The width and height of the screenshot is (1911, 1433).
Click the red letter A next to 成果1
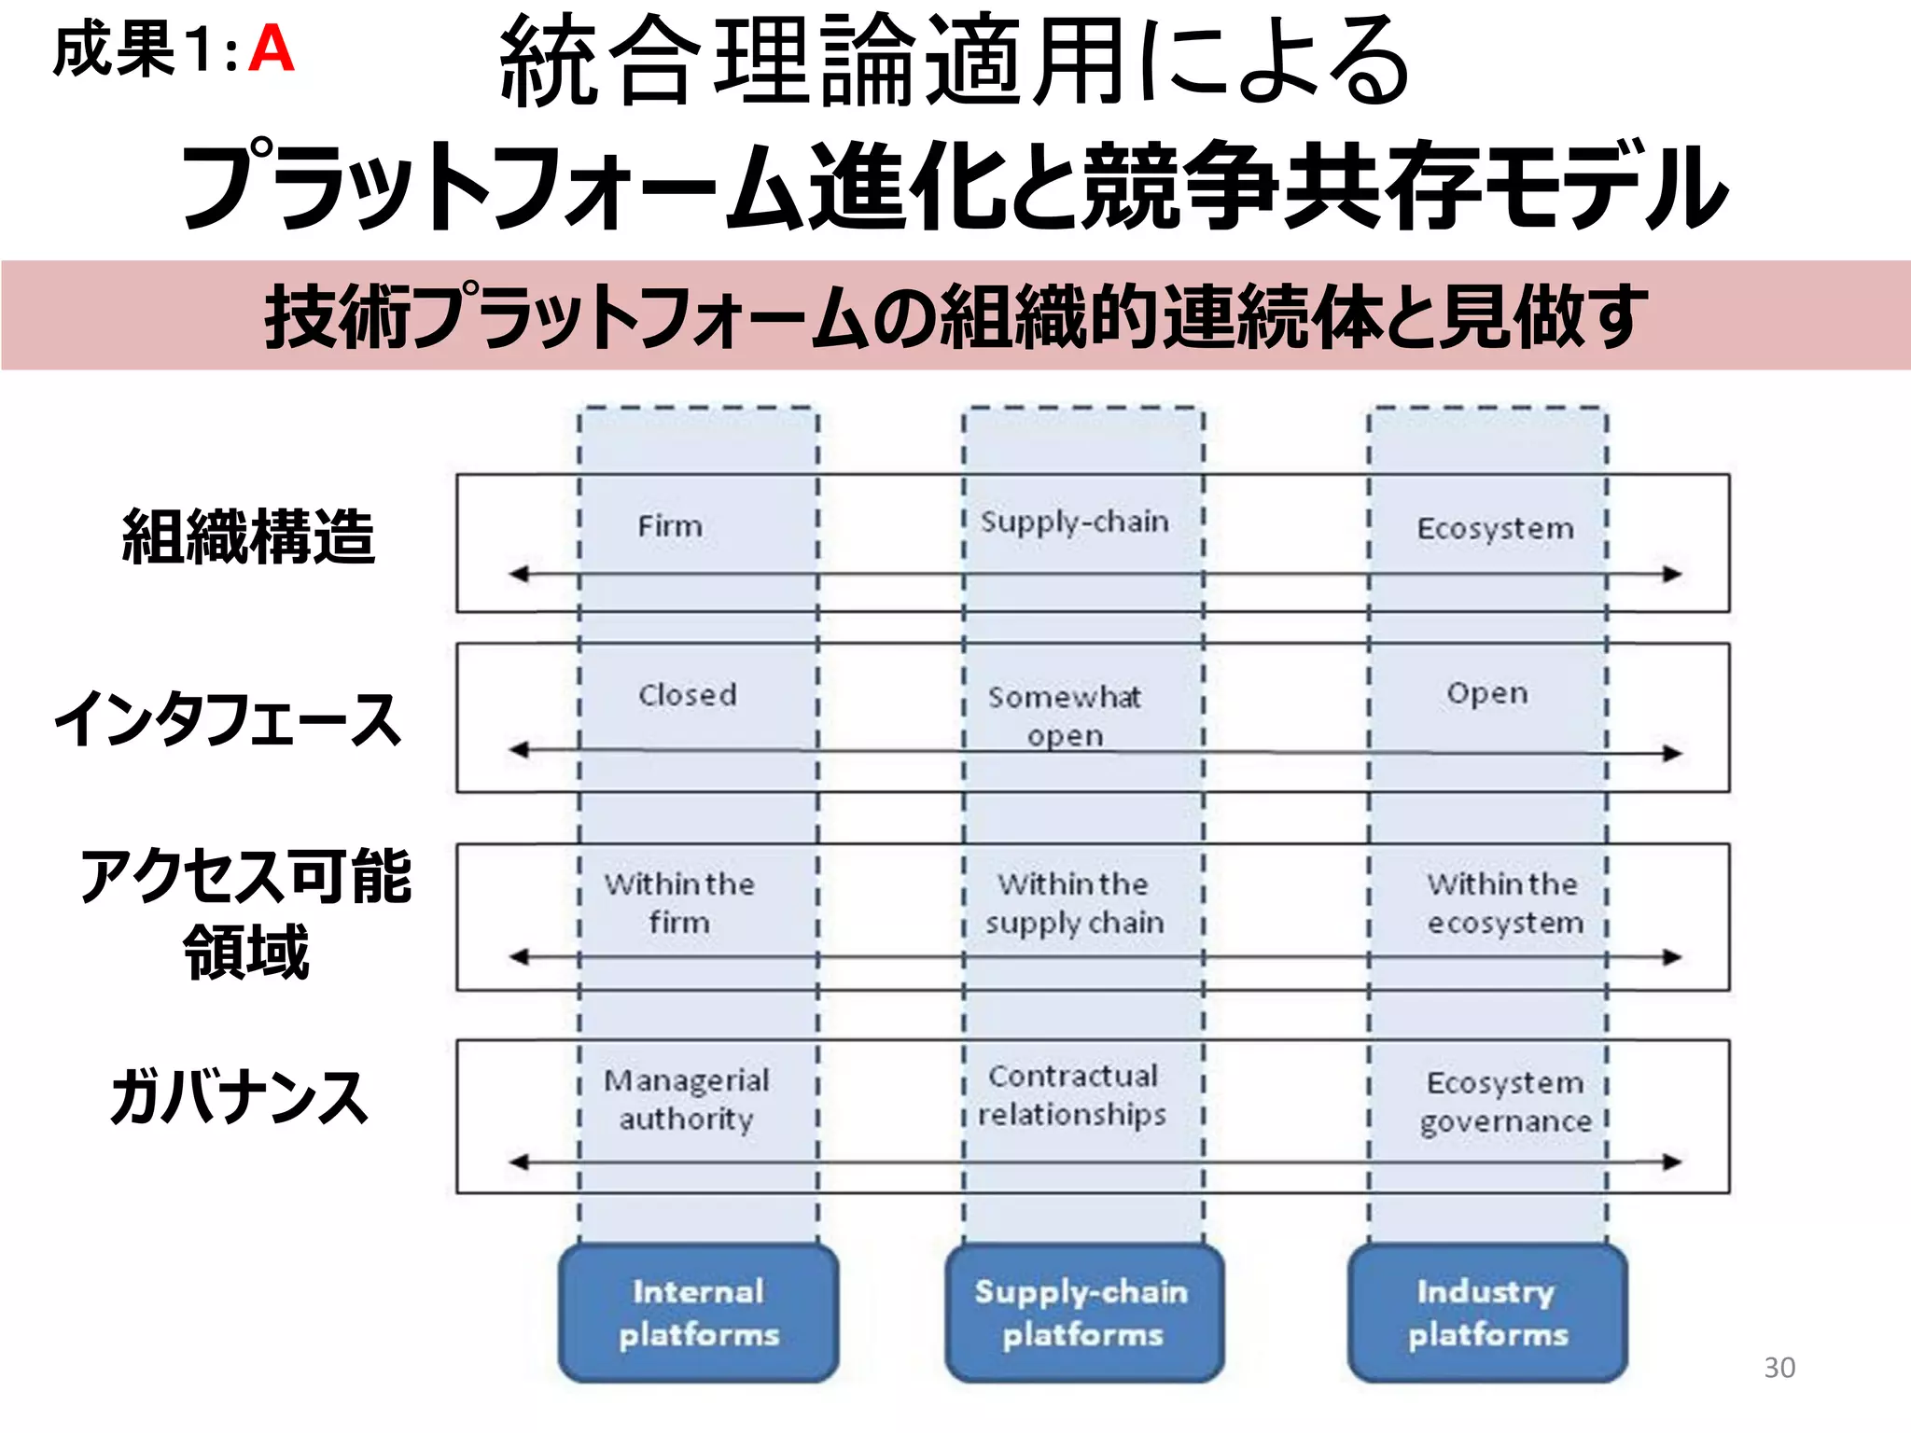pos(272,49)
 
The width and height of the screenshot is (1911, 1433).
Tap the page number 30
pos(1778,1367)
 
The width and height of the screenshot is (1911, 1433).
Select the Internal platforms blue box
pos(698,1313)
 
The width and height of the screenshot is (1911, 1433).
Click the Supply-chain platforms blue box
pos(1082,1313)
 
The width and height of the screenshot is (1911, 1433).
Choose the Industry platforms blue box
pos(1487,1313)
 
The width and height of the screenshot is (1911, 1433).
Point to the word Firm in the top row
pos(670,525)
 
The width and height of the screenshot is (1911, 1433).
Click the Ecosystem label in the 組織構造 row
pos(1495,528)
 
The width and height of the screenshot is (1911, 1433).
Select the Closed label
pos(688,695)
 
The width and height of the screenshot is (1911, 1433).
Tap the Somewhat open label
pos(1065,716)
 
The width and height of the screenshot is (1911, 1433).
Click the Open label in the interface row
pos(1487,693)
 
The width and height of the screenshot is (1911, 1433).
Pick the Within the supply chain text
pos(1074,903)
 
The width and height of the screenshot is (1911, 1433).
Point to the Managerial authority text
pos(687,1099)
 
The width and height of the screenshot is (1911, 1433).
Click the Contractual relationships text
pos(1072,1095)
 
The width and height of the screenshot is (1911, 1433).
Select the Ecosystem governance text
pos(1505,1102)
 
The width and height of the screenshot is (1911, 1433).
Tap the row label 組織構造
pos(248,537)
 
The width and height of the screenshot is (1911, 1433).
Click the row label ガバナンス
pos(239,1097)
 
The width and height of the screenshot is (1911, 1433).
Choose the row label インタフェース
pos(228,719)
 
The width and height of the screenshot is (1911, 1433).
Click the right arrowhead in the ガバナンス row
pos(1672,1162)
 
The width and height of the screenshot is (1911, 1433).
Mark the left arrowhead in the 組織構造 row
pos(519,574)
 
